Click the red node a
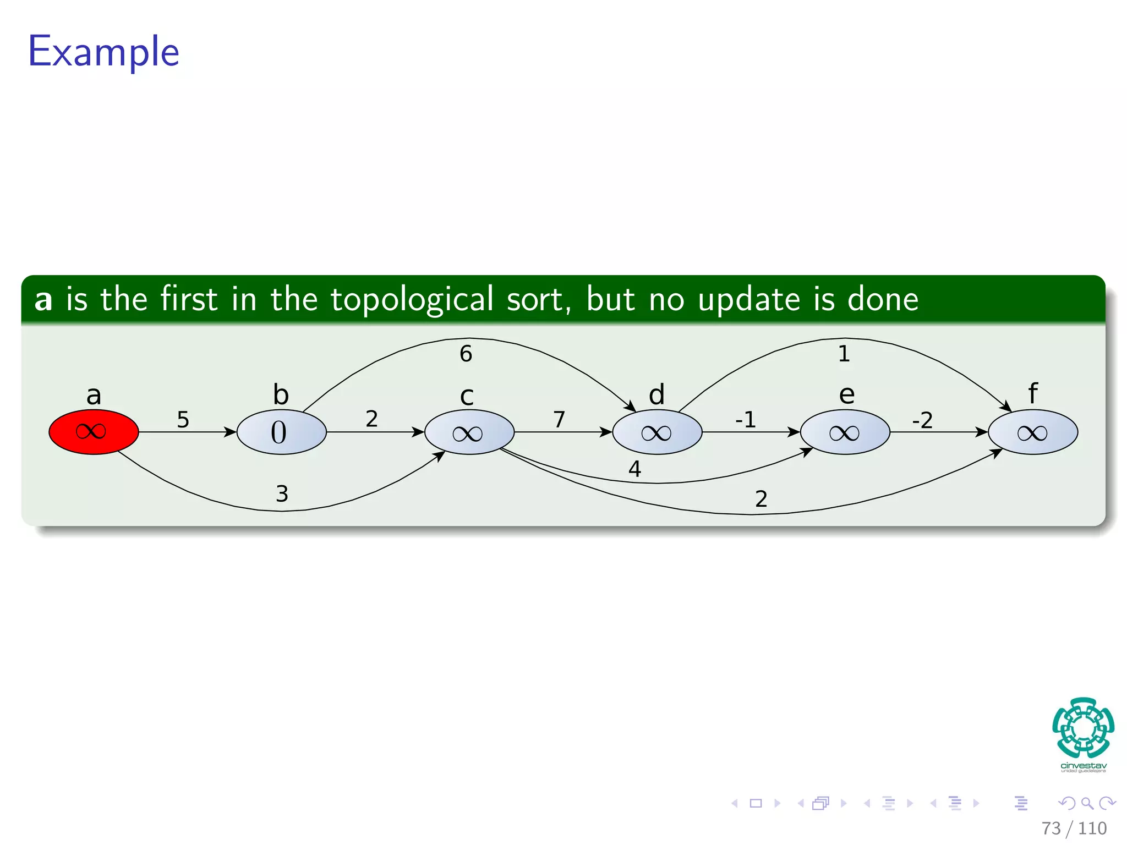[x=94, y=432]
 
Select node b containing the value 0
[x=281, y=432]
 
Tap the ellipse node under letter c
[x=469, y=432]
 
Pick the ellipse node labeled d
[x=657, y=432]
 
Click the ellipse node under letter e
[x=845, y=432]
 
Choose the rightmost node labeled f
[x=1033, y=432]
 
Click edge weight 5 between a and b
[x=183, y=420]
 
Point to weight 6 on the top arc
[x=466, y=354]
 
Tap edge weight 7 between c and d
[x=559, y=419]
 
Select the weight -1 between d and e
[x=746, y=420]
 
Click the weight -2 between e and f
[x=922, y=421]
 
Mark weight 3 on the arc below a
[x=282, y=494]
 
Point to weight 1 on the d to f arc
[x=844, y=354]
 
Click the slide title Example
[x=103, y=52]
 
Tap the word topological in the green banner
[x=412, y=300]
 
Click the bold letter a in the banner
[x=43, y=300]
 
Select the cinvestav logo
[x=1083, y=734]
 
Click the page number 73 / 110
[x=1074, y=828]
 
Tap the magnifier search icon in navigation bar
[x=1087, y=803]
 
